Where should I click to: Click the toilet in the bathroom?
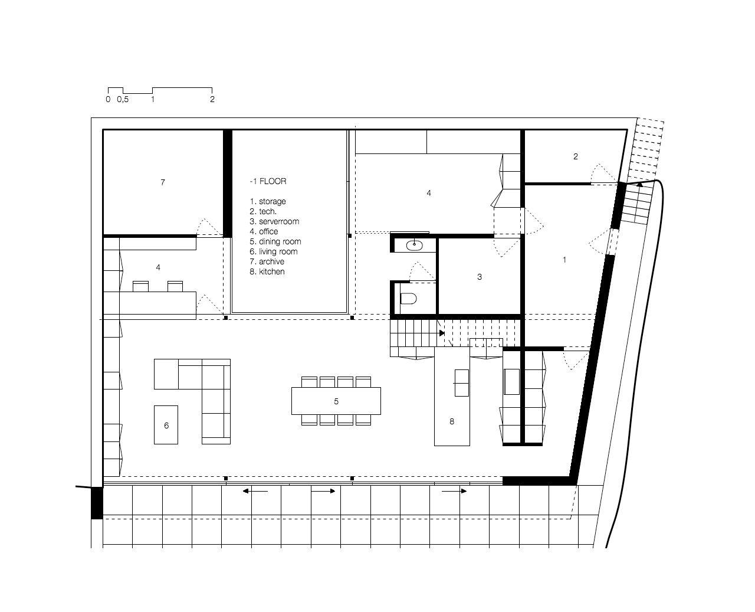click(x=408, y=298)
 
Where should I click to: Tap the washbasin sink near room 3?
click(x=414, y=245)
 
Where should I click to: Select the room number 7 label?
click(x=163, y=182)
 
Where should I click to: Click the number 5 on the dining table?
click(x=336, y=401)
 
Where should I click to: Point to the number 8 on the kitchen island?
click(x=452, y=421)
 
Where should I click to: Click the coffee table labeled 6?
click(x=166, y=425)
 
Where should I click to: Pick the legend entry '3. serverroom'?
click(x=274, y=221)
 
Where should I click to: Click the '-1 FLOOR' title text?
click(x=268, y=181)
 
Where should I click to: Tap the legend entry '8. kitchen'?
click(x=267, y=271)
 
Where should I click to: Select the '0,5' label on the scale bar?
click(x=123, y=99)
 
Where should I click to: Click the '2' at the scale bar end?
click(x=212, y=99)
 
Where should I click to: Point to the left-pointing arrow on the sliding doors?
click(x=255, y=491)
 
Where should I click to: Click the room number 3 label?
click(x=479, y=277)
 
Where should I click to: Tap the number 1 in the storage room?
click(x=564, y=260)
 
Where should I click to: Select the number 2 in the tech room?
click(x=576, y=156)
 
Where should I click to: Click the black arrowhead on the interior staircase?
click(x=442, y=333)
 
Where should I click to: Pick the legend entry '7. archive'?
click(x=267, y=261)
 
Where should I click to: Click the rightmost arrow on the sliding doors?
click(x=454, y=491)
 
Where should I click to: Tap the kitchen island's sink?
click(x=461, y=383)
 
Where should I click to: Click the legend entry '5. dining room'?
click(x=275, y=241)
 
